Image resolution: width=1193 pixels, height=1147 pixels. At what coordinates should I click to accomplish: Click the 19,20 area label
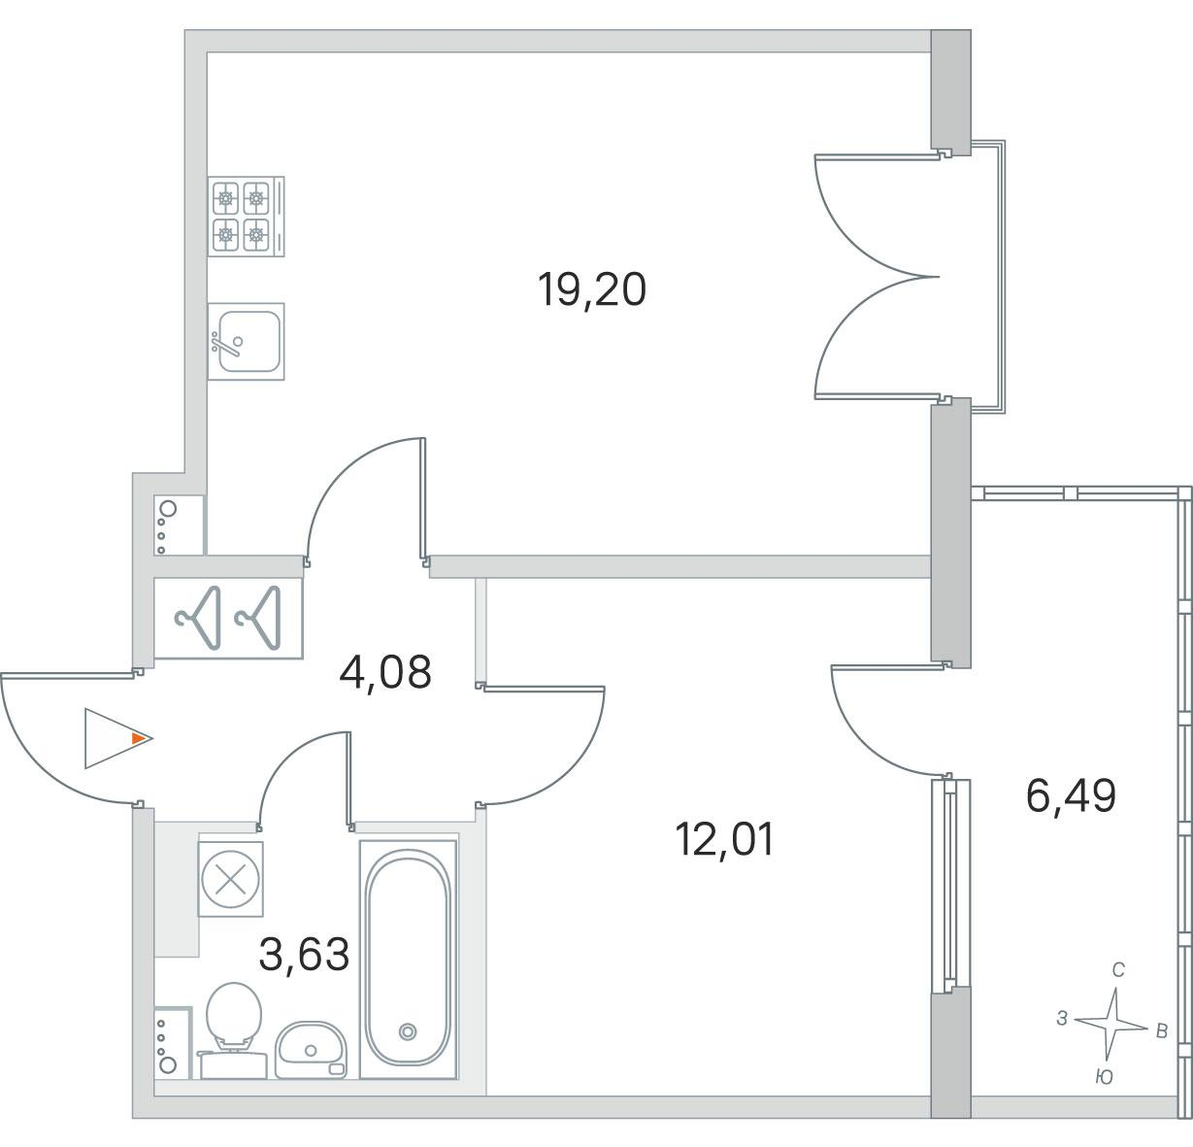[591, 290]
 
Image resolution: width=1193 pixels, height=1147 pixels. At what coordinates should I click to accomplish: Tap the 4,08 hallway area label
[385, 672]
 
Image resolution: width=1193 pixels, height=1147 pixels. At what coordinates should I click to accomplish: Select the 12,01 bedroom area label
[724, 840]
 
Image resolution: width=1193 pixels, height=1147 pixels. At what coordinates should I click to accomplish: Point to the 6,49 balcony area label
[1071, 796]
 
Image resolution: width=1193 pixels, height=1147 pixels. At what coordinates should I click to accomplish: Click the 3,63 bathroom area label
[304, 955]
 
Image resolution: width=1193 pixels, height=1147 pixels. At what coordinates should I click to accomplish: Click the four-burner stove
[246, 217]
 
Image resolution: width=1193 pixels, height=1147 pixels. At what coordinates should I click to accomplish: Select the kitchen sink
[246, 341]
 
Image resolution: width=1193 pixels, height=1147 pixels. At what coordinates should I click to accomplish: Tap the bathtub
[409, 960]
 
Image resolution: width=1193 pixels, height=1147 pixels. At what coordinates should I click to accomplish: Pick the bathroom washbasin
[311, 1050]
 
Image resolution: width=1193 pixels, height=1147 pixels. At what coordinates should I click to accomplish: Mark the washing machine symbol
[230, 879]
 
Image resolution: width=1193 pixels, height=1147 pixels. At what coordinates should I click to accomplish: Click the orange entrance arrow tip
[143, 738]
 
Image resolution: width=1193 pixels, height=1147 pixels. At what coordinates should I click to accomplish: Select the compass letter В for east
[1161, 1031]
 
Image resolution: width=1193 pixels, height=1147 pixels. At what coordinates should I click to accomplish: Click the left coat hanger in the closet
[199, 617]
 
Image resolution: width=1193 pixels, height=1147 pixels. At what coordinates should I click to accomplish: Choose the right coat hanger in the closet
[258, 617]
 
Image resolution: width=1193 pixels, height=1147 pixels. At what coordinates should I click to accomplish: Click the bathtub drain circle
[408, 1031]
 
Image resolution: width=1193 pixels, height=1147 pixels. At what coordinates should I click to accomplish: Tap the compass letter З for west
[1062, 1019]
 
